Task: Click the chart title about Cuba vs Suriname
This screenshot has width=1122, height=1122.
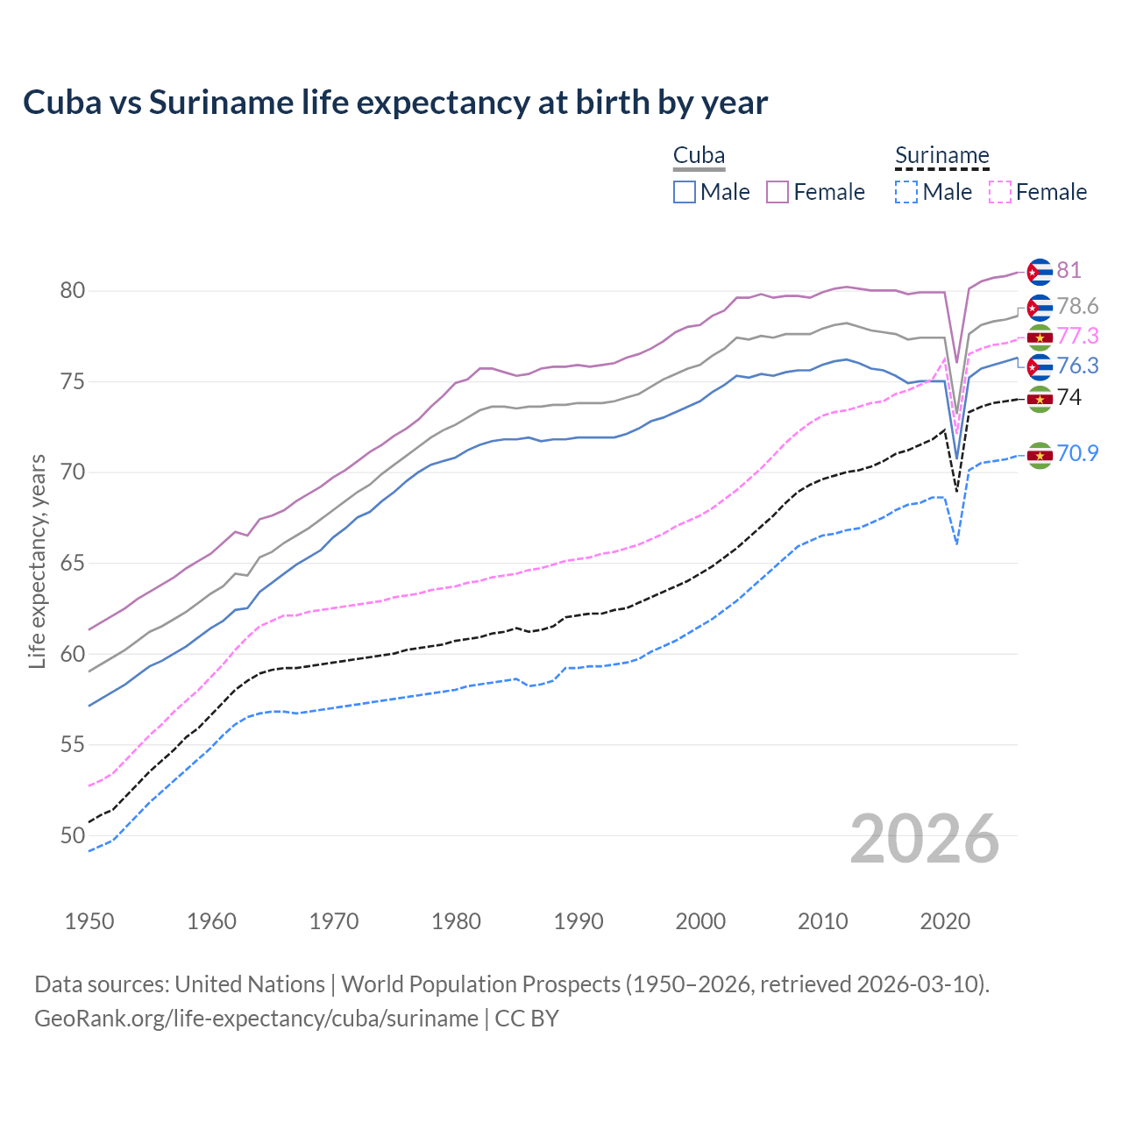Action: click(395, 103)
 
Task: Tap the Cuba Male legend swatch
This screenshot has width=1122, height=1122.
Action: click(685, 192)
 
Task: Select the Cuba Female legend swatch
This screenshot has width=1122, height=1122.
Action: click(778, 192)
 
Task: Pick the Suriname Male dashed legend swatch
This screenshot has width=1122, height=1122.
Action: click(906, 192)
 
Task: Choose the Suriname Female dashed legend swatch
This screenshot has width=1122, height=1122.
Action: click(999, 192)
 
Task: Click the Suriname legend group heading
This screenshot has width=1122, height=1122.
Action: click(941, 156)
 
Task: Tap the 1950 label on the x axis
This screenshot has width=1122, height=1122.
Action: click(89, 921)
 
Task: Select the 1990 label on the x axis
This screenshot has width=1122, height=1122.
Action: click(579, 921)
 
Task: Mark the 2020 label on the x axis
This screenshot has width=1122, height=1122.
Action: click(945, 921)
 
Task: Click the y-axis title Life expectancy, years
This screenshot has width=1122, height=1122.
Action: click(38, 561)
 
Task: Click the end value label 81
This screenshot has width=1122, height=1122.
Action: click(1069, 270)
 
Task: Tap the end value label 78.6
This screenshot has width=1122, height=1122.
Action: click(1077, 306)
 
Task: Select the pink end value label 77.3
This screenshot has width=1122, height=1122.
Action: click(1077, 336)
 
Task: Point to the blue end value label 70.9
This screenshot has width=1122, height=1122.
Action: click(1077, 453)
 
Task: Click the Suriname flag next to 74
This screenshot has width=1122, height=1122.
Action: click(1040, 398)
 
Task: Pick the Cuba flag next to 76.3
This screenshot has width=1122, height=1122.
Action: click(1040, 366)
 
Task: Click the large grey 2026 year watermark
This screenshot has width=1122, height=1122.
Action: click(924, 839)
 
